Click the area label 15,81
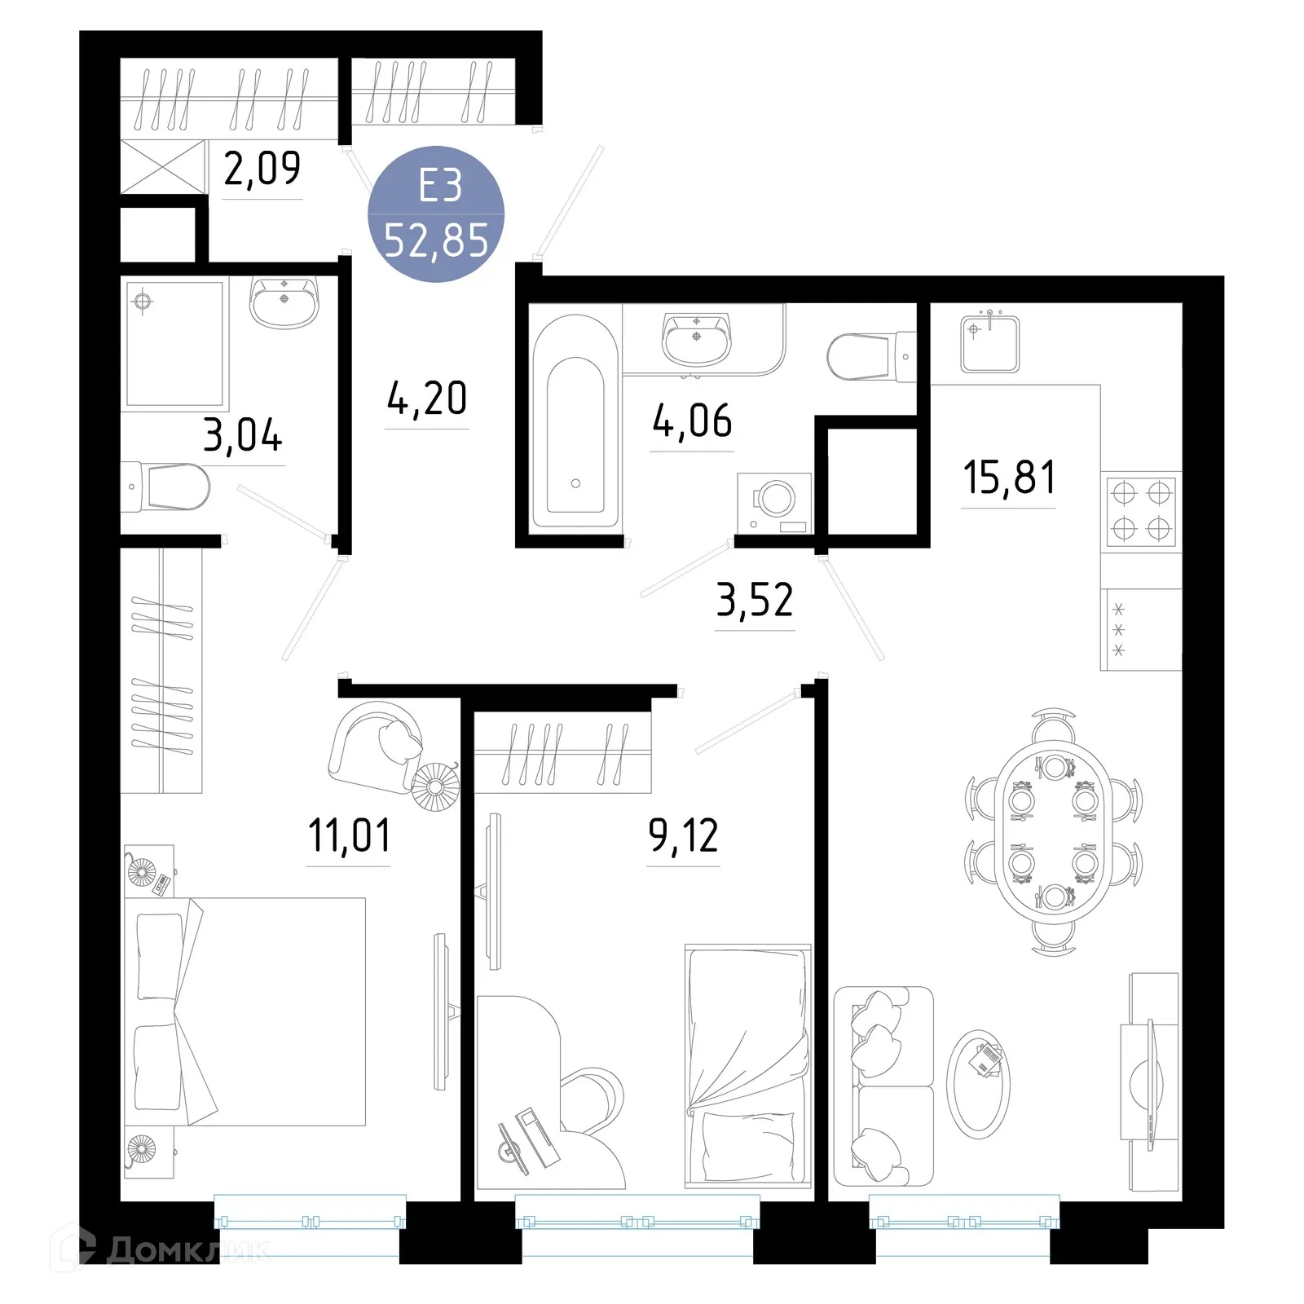point(1009,478)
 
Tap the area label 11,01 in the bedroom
point(349,835)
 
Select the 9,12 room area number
point(683,835)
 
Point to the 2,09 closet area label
point(262,169)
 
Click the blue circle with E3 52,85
point(436,214)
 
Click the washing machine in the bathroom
point(774,502)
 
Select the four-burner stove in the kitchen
point(1140,510)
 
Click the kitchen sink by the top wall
point(989,342)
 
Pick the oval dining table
point(1053,831)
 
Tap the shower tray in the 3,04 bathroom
point(174,343)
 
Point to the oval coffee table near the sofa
point(978,1083)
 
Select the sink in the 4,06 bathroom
point(697,338)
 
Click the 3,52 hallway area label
point(754,601)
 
